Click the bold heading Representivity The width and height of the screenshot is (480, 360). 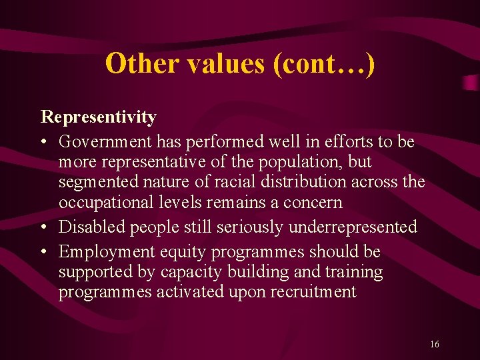click(99, 117)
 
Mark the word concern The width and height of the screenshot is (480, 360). click(314, 202)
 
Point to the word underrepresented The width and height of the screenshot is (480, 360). click(353, 227)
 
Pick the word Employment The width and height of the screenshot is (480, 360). click(102, 252)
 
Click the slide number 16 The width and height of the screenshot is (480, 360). click(435, 344)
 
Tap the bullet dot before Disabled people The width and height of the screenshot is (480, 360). click(44, 227)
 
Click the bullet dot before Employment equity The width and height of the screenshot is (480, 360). click(44, 252)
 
